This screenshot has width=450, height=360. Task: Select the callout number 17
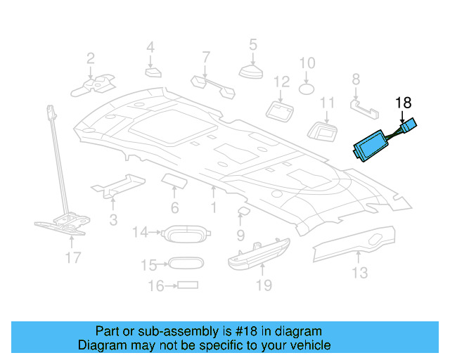click(x=73, y=257)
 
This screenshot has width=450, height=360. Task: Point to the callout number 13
click(x=359, y=272)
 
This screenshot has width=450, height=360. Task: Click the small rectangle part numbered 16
click(x=188, y=285)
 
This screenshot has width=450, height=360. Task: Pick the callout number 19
click(x=263, y=285)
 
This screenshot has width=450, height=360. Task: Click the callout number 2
click(x=91, y=58)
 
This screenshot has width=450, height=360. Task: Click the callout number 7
click(x=206, y=56)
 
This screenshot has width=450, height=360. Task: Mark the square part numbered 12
click(x=281, y=109)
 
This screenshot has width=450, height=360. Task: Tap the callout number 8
click(x=356, y=79)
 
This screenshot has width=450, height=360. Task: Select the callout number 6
click(x=174, y=207)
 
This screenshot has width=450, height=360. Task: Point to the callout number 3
click(x=113, y=220)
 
